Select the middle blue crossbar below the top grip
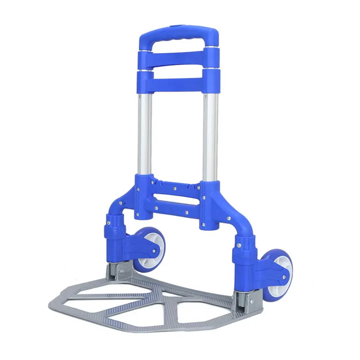(x=179, y=58)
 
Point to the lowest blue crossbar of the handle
(x=179, y=84)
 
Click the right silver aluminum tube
(x=211, y=135)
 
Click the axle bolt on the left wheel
(x=154, y=251)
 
